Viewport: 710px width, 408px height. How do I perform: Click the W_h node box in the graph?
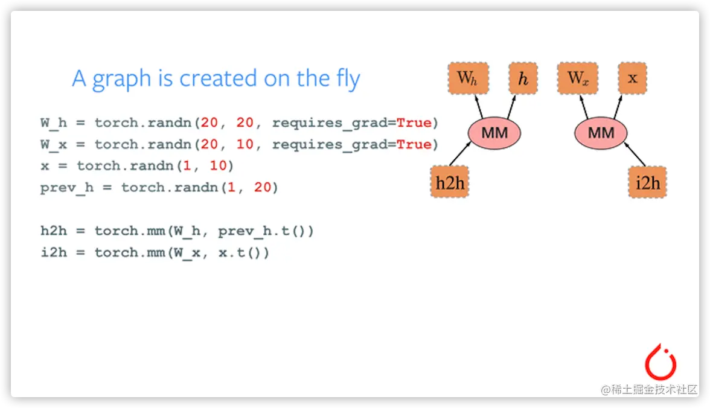click(469, 78)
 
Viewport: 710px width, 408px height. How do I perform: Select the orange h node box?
click(523, 78)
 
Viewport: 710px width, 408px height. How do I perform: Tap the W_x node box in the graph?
click(578, 78)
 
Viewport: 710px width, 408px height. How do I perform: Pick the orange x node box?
click(633, 78)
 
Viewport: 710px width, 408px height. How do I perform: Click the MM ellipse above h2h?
click(494, 133)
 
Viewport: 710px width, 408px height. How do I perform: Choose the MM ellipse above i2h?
click(601, 133)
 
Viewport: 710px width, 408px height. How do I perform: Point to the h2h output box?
click(450, 182)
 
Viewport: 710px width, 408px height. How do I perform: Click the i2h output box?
click(647, 182)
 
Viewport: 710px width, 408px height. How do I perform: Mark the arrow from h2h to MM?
click(460, 154)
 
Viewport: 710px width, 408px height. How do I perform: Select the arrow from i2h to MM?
click(635, 154)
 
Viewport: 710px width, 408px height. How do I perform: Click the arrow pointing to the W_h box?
click(479, 107)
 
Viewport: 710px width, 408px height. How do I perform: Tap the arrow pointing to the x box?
click(618, 107)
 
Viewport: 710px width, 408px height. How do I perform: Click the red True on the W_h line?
click(414, 123)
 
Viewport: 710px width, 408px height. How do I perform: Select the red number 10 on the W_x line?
click(245, 144)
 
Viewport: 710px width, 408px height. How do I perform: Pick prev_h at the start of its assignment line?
click(67, 188)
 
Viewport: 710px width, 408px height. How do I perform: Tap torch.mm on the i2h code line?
click(129, 252)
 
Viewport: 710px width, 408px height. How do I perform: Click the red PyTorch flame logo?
click(660, 362)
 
